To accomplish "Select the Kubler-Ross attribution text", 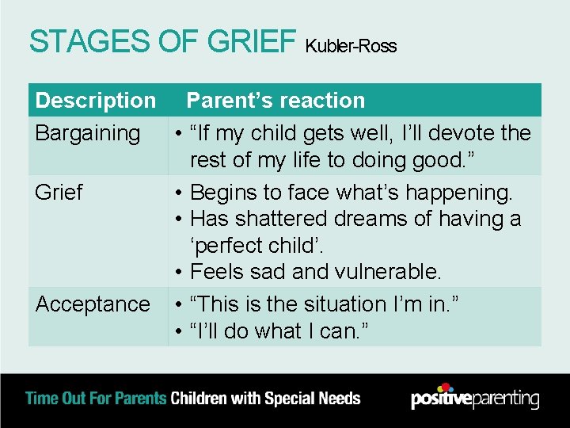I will pos(350,46).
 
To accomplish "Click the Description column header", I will pos(96,101).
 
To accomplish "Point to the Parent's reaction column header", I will pos(275,101).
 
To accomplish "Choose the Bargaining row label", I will pos(88,132).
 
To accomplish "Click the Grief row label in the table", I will pos(59,192).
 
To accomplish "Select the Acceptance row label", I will pos(93,304).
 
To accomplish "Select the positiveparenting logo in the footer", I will pos(475,397).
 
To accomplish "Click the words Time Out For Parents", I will pos(96,398).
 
